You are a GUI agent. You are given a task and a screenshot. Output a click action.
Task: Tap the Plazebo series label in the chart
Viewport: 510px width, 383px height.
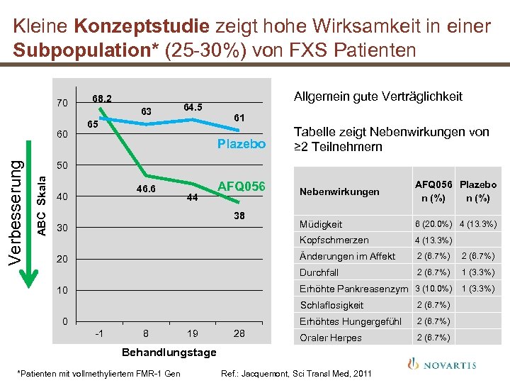tap(242, 144)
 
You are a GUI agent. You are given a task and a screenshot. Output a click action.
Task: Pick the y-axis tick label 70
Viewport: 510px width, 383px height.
tap(62, 104)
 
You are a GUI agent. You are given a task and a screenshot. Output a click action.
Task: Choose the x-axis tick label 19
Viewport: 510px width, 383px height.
tap(193, 333)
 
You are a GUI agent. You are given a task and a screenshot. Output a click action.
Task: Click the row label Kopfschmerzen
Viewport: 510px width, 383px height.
tap(334, 240)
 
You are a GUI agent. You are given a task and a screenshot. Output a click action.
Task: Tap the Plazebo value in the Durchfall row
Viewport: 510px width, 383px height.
tap(477, 272)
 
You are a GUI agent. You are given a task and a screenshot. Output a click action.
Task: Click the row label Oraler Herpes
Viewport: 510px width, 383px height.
tap(330, 338)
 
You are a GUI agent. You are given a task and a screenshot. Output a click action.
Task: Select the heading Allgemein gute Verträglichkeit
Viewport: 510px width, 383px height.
tap(378, 96)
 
